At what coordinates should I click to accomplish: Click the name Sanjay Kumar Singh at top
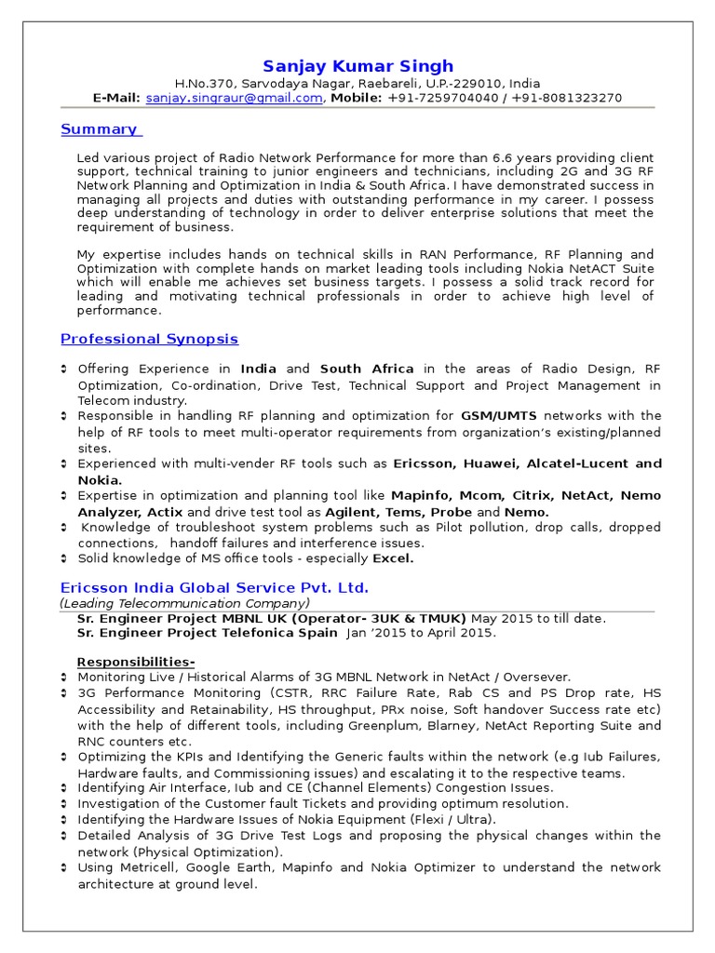click(x=357, y=66)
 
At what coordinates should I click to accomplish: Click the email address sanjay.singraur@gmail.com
click(x=234, y=98)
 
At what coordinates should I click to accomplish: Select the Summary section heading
click(x=99, y=129)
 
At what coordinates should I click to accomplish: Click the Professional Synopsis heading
click(x=149, y=339)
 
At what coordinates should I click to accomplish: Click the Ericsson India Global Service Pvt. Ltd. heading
click(x=214, y=588)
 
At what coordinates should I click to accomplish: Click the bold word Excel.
click(x=393, y=558)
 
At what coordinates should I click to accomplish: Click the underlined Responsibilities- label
click(x=136, y=662)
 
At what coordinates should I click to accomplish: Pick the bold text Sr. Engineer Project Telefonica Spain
click(x=208, y=633)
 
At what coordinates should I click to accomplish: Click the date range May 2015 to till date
click(x=538, y=618)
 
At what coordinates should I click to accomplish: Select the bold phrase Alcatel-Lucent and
click(x=594, y=463)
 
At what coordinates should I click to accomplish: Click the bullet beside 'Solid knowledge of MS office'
click(x=64, y=558)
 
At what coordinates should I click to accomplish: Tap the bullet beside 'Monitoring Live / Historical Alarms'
click(x=64, y=678)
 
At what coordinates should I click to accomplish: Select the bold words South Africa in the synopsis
click(x=367, y=369)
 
